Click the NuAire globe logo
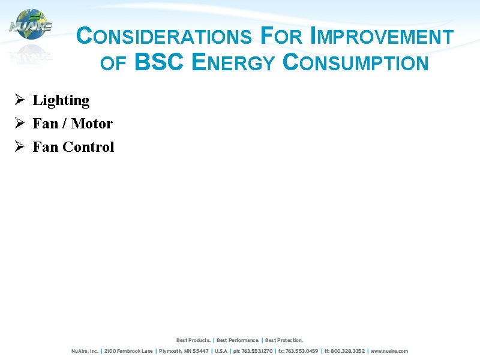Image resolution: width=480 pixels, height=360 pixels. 31,25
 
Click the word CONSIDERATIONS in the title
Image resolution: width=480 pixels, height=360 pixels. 164,37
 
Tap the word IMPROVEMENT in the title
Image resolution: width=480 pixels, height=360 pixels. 381,37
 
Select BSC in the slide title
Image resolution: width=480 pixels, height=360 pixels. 159,62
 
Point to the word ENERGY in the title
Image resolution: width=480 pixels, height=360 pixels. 233,62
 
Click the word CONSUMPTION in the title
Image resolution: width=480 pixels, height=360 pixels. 355,62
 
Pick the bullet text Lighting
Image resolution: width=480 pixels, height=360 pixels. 61,100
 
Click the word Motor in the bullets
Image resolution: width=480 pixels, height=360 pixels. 92,124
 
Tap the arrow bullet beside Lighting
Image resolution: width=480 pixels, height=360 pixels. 19,100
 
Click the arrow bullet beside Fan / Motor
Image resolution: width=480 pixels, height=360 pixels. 19,123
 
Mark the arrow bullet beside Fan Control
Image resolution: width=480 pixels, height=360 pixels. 19,146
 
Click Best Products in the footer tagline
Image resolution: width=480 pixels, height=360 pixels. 193,340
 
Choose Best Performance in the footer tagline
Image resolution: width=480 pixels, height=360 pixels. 238,340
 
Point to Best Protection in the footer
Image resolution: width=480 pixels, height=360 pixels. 284,340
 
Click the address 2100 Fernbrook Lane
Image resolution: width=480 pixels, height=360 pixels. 128,351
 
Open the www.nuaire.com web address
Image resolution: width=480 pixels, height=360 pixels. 389,351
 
